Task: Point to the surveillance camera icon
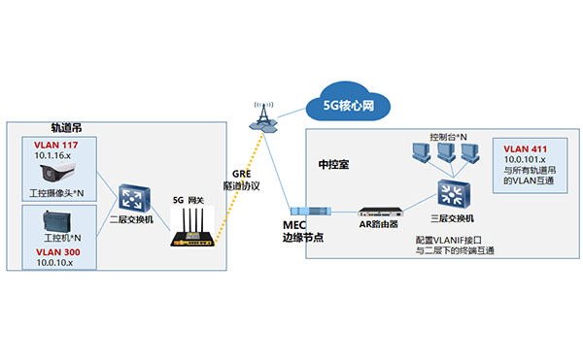coord(56,174)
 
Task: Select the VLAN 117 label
coord(54,145)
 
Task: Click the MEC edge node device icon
coord(313,210)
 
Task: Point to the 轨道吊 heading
coord(68,127)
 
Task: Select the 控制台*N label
coord(448,136)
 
